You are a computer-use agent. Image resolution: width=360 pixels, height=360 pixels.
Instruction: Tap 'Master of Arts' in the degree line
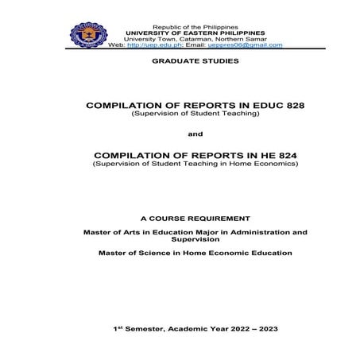point(110,231)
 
